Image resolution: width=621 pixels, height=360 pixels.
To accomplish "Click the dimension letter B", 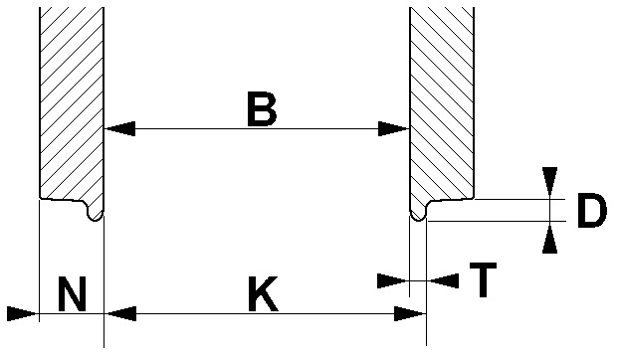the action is coord(262,108).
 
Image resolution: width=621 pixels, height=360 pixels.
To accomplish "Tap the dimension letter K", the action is coord(264,294).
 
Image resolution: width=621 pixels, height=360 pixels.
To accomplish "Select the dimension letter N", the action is coord(72,294).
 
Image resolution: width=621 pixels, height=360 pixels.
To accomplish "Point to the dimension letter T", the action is coord(484,279).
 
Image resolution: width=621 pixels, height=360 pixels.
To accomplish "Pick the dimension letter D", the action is coord(592,210).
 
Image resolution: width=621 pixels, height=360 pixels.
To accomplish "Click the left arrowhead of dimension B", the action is coord(119,128).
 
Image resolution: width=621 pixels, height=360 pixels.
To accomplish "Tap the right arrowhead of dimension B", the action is coord(393,128).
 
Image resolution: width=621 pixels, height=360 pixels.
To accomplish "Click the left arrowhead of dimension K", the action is coord(121,313).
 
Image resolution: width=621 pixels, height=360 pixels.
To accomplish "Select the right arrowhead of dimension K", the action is coord(410,313).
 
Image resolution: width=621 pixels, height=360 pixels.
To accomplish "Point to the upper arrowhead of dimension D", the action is coord(549,181).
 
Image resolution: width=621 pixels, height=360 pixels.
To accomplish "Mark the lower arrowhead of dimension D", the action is coord(549,239).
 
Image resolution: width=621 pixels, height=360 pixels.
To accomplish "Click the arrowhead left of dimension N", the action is coord(23,313).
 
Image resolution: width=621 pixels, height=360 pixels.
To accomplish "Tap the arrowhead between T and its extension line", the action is coord(444,280).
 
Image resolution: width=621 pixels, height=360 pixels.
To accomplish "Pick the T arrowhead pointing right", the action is coord(392,280).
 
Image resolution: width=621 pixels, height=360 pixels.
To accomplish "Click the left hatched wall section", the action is coord(72,102).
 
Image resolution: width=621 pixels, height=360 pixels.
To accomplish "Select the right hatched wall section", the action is coord(442,102).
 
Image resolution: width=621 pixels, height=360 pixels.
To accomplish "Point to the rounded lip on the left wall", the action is coord(95,212).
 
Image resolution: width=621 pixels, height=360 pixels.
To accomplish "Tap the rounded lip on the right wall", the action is coord(418,212).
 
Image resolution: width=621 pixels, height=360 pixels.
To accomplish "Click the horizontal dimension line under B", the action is coord(257,128).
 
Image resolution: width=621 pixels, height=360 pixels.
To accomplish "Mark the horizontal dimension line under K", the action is coord(266,313).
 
